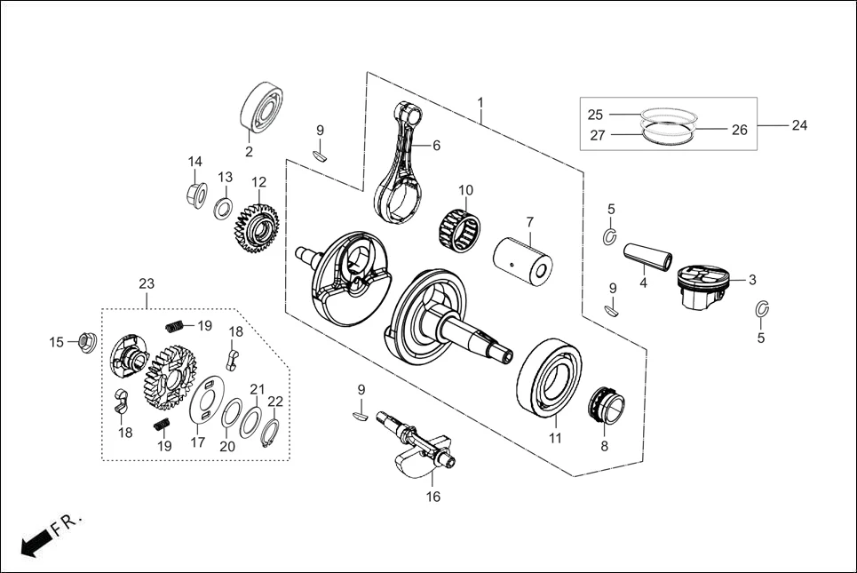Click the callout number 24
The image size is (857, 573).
click(798, 125)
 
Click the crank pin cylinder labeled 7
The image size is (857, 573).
click(524, 257)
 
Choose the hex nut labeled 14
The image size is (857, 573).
click(197, 193)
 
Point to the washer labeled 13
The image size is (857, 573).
click(225, 210)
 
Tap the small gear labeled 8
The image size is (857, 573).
click(607, 405)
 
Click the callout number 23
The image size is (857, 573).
click(147, 284)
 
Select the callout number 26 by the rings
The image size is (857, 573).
click(739, 130)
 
